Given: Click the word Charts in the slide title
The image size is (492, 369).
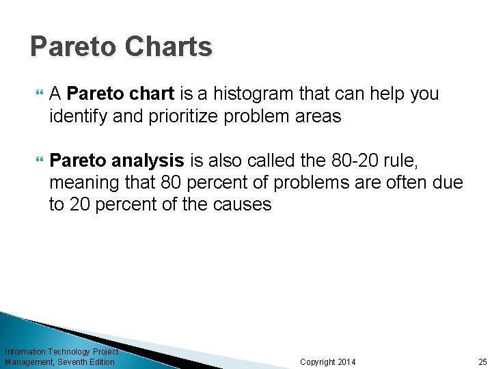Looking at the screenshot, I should click(169, 47).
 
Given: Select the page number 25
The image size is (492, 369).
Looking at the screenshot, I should click(482, 361).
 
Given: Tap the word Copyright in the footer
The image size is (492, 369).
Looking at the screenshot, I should click(318, 361).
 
